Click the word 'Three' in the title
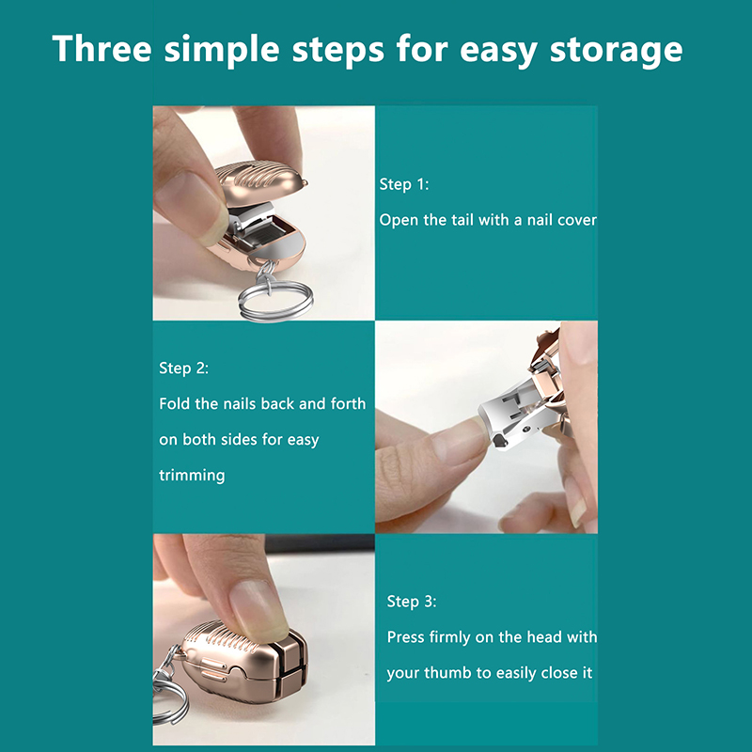(102, 49)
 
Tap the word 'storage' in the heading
(617, 51)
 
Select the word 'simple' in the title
(222, 51)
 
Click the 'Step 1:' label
(404, 184)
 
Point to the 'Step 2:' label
(183, 368)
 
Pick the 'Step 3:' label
(412, 602)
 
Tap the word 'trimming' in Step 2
(192, 476)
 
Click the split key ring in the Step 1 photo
(274, 300)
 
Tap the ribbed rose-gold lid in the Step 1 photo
(260, 181)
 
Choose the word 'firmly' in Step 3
(450, 637)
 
